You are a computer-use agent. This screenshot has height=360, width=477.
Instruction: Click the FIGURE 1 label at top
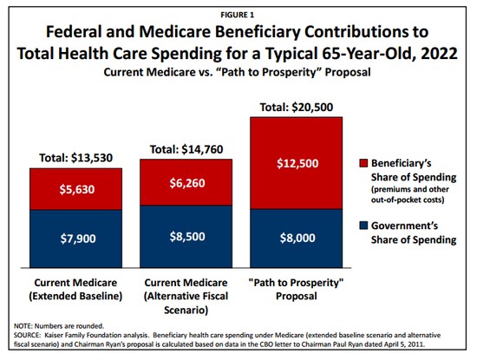click(238, 15)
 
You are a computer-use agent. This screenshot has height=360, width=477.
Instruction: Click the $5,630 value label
click(77, 189)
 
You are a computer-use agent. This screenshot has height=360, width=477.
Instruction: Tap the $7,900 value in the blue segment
click(78, 239)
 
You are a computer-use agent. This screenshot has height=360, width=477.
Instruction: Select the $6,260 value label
click(187, 183)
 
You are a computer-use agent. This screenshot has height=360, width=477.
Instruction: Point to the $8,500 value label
click(187, 237)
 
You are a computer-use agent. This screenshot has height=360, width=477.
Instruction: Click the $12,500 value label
click(297, 163)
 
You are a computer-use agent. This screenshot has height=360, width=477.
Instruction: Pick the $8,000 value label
click(297, 238)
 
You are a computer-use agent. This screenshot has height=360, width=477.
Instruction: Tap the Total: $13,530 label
click(76, 158)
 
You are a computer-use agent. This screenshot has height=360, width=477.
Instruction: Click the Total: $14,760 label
click(186, 149)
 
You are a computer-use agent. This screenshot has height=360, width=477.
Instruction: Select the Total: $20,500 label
click(297, 107)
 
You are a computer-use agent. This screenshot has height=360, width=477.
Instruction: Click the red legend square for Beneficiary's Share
click(363, 163)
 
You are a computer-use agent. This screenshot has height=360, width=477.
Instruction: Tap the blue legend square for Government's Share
click(363, 226)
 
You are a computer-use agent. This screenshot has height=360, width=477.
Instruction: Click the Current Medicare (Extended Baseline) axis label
click(75, 289)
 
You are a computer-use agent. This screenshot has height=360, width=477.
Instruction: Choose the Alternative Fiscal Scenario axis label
click(186, 296)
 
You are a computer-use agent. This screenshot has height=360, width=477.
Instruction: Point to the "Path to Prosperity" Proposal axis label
click(296, 289)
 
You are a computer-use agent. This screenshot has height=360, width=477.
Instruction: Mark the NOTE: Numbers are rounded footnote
click(59, 326)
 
